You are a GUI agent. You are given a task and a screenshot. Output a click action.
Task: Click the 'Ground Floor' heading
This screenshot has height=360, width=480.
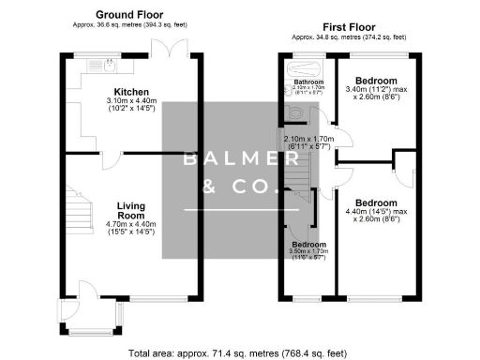[129, 15]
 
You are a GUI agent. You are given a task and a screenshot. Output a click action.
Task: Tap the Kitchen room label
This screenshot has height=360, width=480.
[127, 91]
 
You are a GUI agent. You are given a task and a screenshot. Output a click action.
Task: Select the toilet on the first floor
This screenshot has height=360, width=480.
[295, 112]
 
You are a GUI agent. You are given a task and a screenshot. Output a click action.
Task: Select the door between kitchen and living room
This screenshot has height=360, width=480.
[111, 158]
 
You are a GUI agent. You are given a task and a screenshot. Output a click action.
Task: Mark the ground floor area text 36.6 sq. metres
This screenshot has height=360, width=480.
[129, 26]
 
